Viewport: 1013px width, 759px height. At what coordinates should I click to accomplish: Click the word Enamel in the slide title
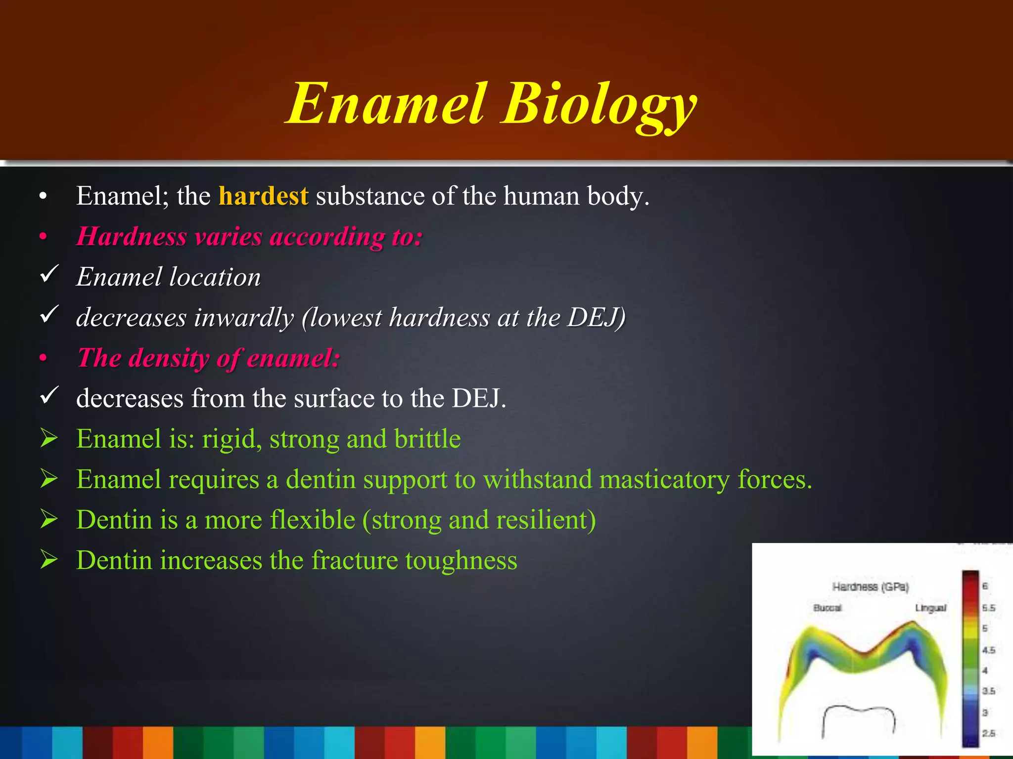click(386, 105)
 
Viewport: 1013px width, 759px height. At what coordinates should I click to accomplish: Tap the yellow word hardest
click(263, 196)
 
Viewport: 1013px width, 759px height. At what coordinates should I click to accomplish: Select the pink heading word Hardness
click(132, 236)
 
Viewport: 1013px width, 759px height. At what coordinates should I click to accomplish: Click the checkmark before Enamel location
click(49, 274)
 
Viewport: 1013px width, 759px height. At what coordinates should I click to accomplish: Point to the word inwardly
click(244, 317)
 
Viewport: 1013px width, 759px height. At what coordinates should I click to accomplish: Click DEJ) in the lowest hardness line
click(597, 317)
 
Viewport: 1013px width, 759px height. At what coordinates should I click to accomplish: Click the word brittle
click(427, 439)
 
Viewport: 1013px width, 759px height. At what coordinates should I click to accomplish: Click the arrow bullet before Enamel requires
click(49, 478)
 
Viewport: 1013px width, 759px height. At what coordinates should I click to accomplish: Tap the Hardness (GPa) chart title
click(871, 587)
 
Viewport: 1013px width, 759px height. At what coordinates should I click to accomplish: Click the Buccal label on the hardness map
click(827, 607)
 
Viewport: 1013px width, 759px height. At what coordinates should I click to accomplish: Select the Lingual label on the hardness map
click(930, 607)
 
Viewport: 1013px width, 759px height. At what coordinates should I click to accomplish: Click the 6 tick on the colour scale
click(985, 586)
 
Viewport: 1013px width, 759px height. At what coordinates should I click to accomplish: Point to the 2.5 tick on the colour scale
click(988, 733)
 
